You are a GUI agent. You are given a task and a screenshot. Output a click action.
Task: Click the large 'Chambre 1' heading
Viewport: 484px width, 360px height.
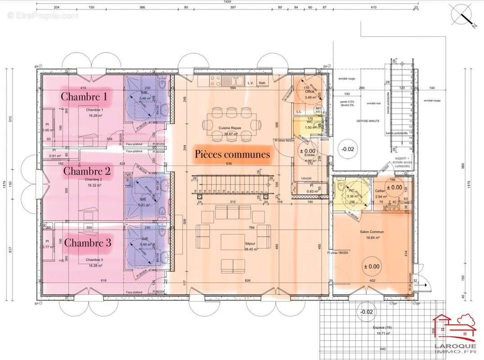(84, 96)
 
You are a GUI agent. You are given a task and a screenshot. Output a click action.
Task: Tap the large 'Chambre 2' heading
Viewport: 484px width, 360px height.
(87, 171)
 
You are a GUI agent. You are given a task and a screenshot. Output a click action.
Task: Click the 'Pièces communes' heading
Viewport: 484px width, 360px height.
(232, 154)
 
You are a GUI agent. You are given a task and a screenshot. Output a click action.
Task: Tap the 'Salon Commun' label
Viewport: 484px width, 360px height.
(370, 232)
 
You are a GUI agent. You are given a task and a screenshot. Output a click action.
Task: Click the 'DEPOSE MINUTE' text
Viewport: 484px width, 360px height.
(368, 121)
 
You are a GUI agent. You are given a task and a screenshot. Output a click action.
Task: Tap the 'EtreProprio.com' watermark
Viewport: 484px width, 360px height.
(43, 16)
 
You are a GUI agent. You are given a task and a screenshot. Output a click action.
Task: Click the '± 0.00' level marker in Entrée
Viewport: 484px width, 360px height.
(310, 151)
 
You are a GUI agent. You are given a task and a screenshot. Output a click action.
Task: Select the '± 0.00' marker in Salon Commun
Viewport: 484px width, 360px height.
(371, 266)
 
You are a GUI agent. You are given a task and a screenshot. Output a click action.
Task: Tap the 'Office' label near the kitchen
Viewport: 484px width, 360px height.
(309, 91)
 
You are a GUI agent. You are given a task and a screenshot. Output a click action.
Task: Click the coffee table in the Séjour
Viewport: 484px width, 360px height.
(232, 242)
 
